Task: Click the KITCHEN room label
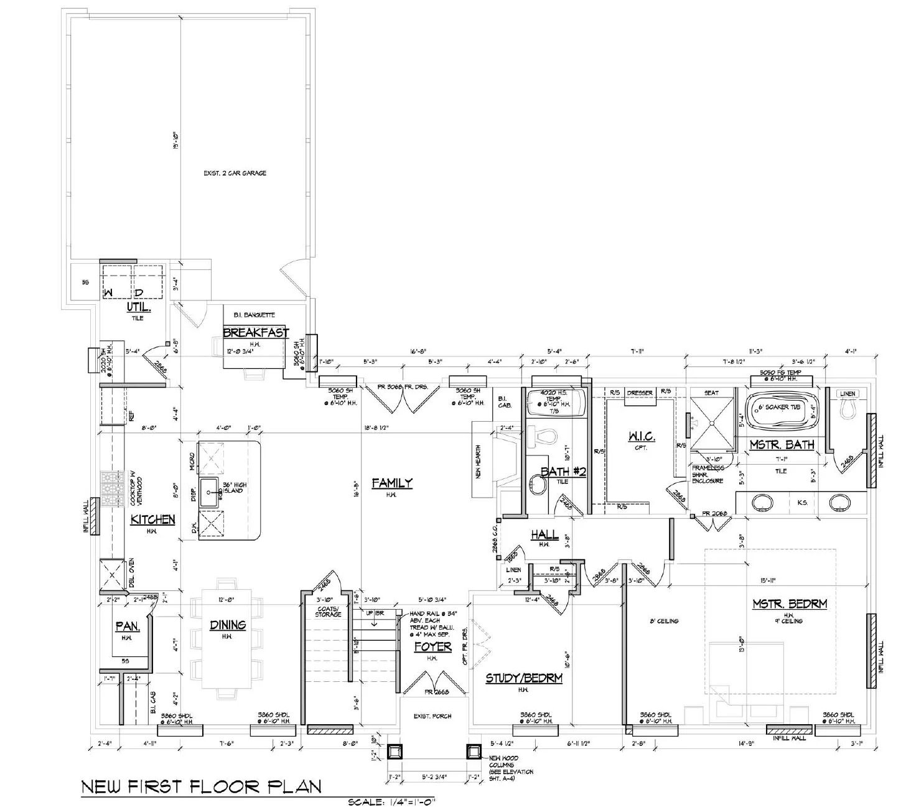pyautogui.click(x=152, y=519)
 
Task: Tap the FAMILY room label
pyautogui.click(x=392, y=483)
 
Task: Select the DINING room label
pyautogui.click(x=227, y=625)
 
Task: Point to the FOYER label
pyautogui.click(x=433, y=647)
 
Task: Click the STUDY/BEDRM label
pyautogui.click(x=524, y=678)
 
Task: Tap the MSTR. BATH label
pyautogui.click(x=782, y=445)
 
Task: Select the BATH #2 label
pyautogui.click(x=563, y=472)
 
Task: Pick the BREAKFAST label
pyautogui.click(x=256, y=333)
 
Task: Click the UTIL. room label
pyautogui.click(x=138, y=307)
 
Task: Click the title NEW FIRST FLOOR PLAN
pyautogui.click(x=202, y=786)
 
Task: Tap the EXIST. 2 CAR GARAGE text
pyautogui.click(x=235, y=173)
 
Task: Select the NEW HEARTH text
pyautogui.click(x=479, y=461)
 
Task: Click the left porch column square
pyautogui.click(x=394, y=752)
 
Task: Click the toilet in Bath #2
pyautogui.click(x=543, y=436)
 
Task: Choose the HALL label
pyautogui.click(x=543, y=535)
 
